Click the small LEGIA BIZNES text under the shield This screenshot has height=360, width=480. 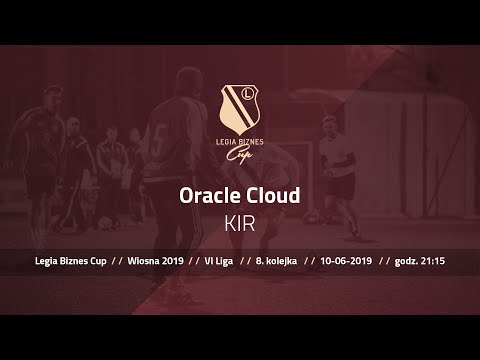tap(240, 143)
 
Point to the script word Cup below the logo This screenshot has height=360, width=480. tap(240, 155)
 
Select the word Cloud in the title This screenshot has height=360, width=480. tap(272, 195)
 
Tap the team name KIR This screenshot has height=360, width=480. tap(240, 222)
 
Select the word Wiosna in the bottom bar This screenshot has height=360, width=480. tap(145, 261)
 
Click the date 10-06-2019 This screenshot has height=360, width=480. tap(346, 261)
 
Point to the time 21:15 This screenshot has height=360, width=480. tap(434, 261)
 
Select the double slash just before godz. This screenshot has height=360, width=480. tap(384, 261)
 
